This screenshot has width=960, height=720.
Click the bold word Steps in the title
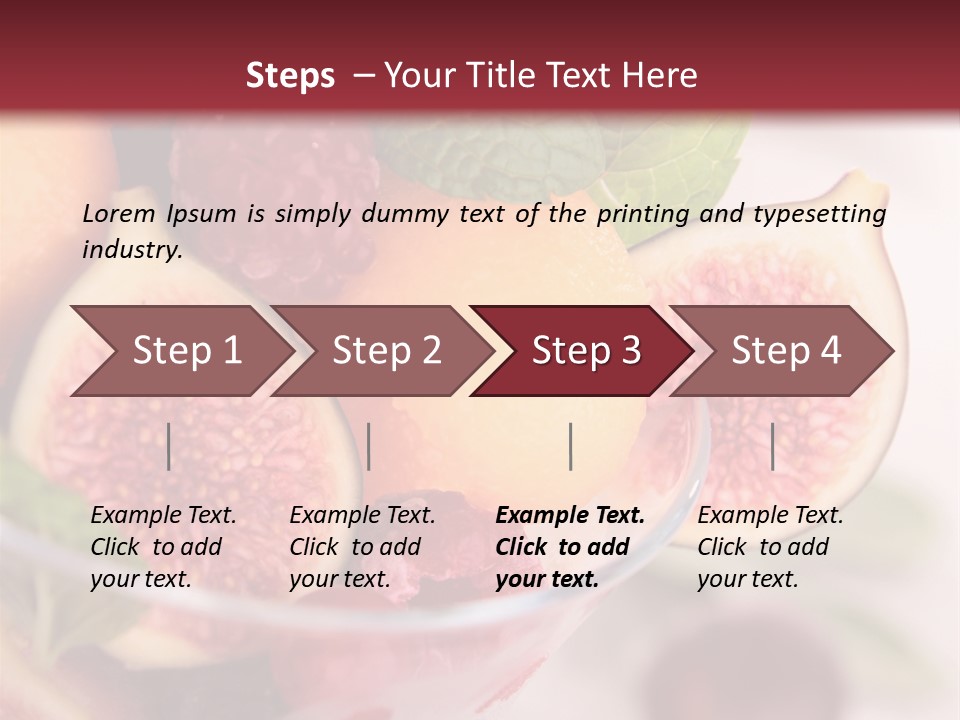(290, 76)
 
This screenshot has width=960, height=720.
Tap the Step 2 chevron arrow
(386, 351)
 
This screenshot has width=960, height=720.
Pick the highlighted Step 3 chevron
(586, 351)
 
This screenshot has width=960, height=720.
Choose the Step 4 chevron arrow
(786, 351)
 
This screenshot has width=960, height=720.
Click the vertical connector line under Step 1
(169, 447)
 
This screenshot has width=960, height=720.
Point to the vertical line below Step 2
(369, 447)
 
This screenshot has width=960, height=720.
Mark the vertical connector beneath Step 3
(570, 447)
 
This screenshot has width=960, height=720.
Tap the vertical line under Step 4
(772, 447)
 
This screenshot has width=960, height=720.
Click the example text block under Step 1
(163, 547)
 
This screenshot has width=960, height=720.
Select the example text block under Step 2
(362, 547)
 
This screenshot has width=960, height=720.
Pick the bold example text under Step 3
(570, 547)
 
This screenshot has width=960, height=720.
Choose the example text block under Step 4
(770, 547)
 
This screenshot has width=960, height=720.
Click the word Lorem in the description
(119, 213)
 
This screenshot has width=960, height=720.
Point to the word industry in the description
(132, 250)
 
